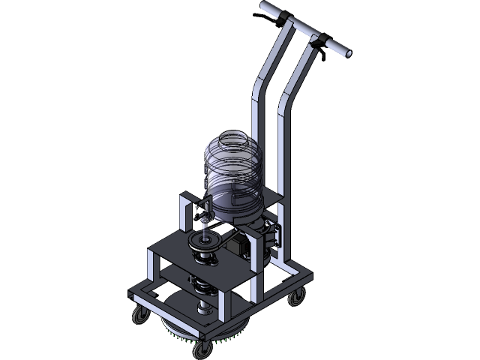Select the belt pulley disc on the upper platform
205,241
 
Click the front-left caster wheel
139,316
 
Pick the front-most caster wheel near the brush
202,349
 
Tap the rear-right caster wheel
297,298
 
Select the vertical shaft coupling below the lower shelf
203,308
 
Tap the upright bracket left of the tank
185,213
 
